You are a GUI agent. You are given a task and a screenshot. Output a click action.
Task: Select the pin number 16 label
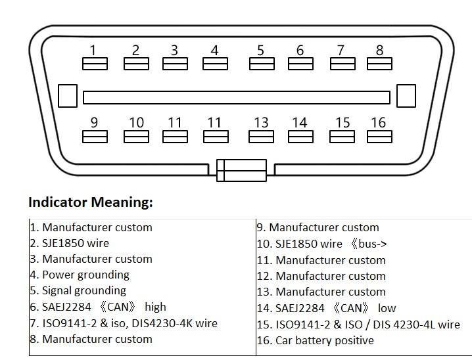pos(378,122)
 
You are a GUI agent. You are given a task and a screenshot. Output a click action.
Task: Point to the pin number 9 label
pos(94,122)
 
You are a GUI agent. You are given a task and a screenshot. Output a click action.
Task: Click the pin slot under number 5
pos(261,64)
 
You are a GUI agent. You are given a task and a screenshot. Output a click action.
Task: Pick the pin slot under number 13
pos(261,137)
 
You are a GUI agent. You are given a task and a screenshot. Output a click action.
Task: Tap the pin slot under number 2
pos(136,64)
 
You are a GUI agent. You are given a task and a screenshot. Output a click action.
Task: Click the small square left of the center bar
pos(68,96)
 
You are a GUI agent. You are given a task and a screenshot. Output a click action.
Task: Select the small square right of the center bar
pos(406,96)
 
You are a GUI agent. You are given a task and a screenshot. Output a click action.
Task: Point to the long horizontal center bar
pos(236,98)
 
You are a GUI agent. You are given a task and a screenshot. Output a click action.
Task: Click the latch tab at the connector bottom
pos(241,170)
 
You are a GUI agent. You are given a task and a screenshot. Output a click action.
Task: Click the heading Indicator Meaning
pos(91,202)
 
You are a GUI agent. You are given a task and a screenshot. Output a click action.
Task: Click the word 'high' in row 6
pos(156,307)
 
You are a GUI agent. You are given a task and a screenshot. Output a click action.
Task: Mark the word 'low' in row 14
pos(387,308)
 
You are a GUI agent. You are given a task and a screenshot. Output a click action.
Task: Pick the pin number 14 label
pos(299,122)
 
